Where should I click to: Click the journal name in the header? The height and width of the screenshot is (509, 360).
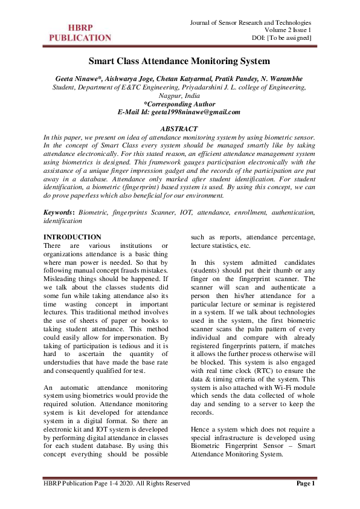pos(251,22)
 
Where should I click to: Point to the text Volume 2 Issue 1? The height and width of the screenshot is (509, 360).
pos(288,30)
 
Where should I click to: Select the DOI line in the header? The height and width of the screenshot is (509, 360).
pos(281,38)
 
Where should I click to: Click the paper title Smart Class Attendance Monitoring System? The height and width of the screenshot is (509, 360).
pos(179,61)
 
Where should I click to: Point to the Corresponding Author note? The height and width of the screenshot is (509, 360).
pos(179,103)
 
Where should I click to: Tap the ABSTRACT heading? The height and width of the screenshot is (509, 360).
pos(179,129)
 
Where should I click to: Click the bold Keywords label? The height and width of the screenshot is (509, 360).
pos(60,213)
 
